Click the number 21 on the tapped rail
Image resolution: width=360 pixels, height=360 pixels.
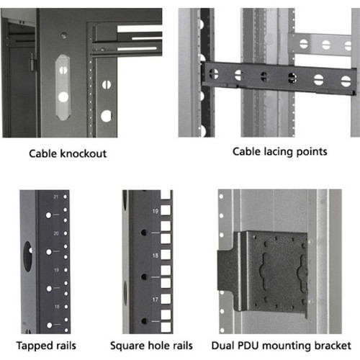click(55, 197)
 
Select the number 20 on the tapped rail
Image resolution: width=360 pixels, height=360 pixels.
click(55, 233)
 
